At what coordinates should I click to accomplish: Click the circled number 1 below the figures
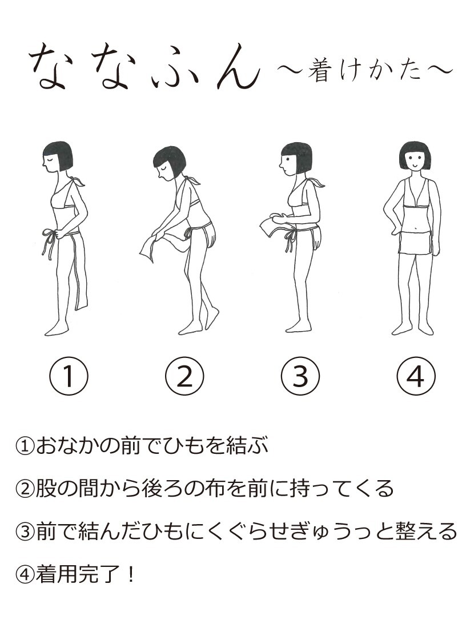coord(69,376)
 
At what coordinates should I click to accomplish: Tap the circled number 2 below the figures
coord(184,376)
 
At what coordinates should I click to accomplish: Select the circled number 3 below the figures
coord(300,376)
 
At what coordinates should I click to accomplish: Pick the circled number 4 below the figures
coord(416,376)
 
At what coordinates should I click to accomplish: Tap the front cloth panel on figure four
coord(415,242)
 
